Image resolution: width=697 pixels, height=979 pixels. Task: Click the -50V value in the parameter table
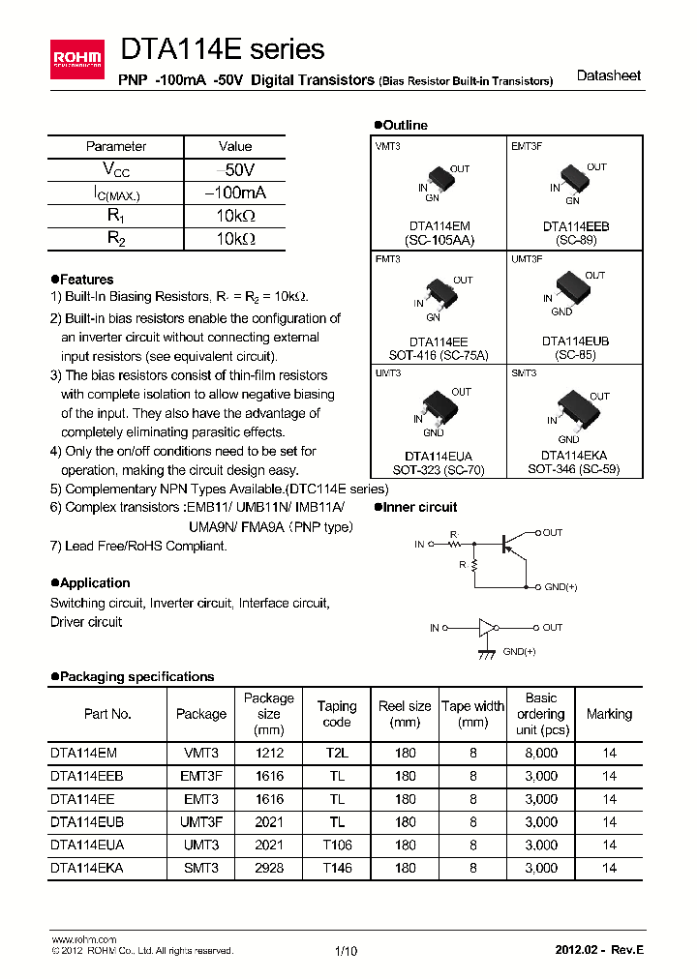click(x=235, y=169)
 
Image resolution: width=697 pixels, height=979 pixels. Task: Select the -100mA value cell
click(x=235, y=193)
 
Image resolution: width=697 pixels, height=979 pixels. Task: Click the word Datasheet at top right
click(x=608, y=76)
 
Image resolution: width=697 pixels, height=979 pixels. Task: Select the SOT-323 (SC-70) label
click(x=440, y=469)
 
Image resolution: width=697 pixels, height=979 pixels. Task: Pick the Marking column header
click(x=609, y=714)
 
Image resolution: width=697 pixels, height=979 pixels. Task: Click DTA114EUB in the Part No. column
click(x=87, y=821)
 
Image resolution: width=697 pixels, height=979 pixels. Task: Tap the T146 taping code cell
click(x=337, y=868)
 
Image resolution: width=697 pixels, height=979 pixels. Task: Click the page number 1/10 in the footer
click(x=346, y=951)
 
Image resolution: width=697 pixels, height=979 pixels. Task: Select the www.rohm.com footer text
click(x=83, y=939)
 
